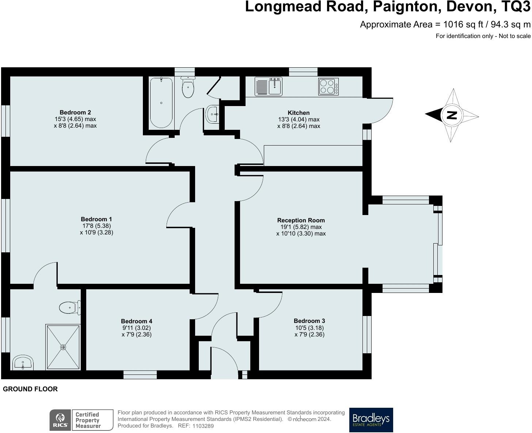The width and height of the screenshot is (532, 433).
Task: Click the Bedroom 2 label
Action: tap(75, 112)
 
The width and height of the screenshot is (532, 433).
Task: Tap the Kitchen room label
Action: tap(299, 113)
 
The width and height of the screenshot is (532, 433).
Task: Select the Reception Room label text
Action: tap(301, 220)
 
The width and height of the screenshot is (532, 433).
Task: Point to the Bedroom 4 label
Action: tap(136, 321)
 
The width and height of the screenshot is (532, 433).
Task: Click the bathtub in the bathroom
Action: tap(161, 103)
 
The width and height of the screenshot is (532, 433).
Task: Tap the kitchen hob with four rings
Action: tap(328, 87)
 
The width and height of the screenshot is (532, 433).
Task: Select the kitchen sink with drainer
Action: tap(269, 87)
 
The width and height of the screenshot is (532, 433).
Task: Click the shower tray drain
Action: tap(63, 347)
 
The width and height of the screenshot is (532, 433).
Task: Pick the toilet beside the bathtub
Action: tap(188, 87)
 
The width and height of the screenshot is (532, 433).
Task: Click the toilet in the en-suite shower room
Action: tap(70, 308)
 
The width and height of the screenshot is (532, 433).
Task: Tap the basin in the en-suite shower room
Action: tap(23, 362)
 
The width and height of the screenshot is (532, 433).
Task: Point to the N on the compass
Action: tap(452, 115)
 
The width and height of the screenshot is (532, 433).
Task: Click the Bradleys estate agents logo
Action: tap(371, 420)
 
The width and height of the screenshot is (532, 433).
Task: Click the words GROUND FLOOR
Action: tap(30, 389)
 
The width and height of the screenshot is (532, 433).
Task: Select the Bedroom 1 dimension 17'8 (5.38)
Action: tap(97, 226)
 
